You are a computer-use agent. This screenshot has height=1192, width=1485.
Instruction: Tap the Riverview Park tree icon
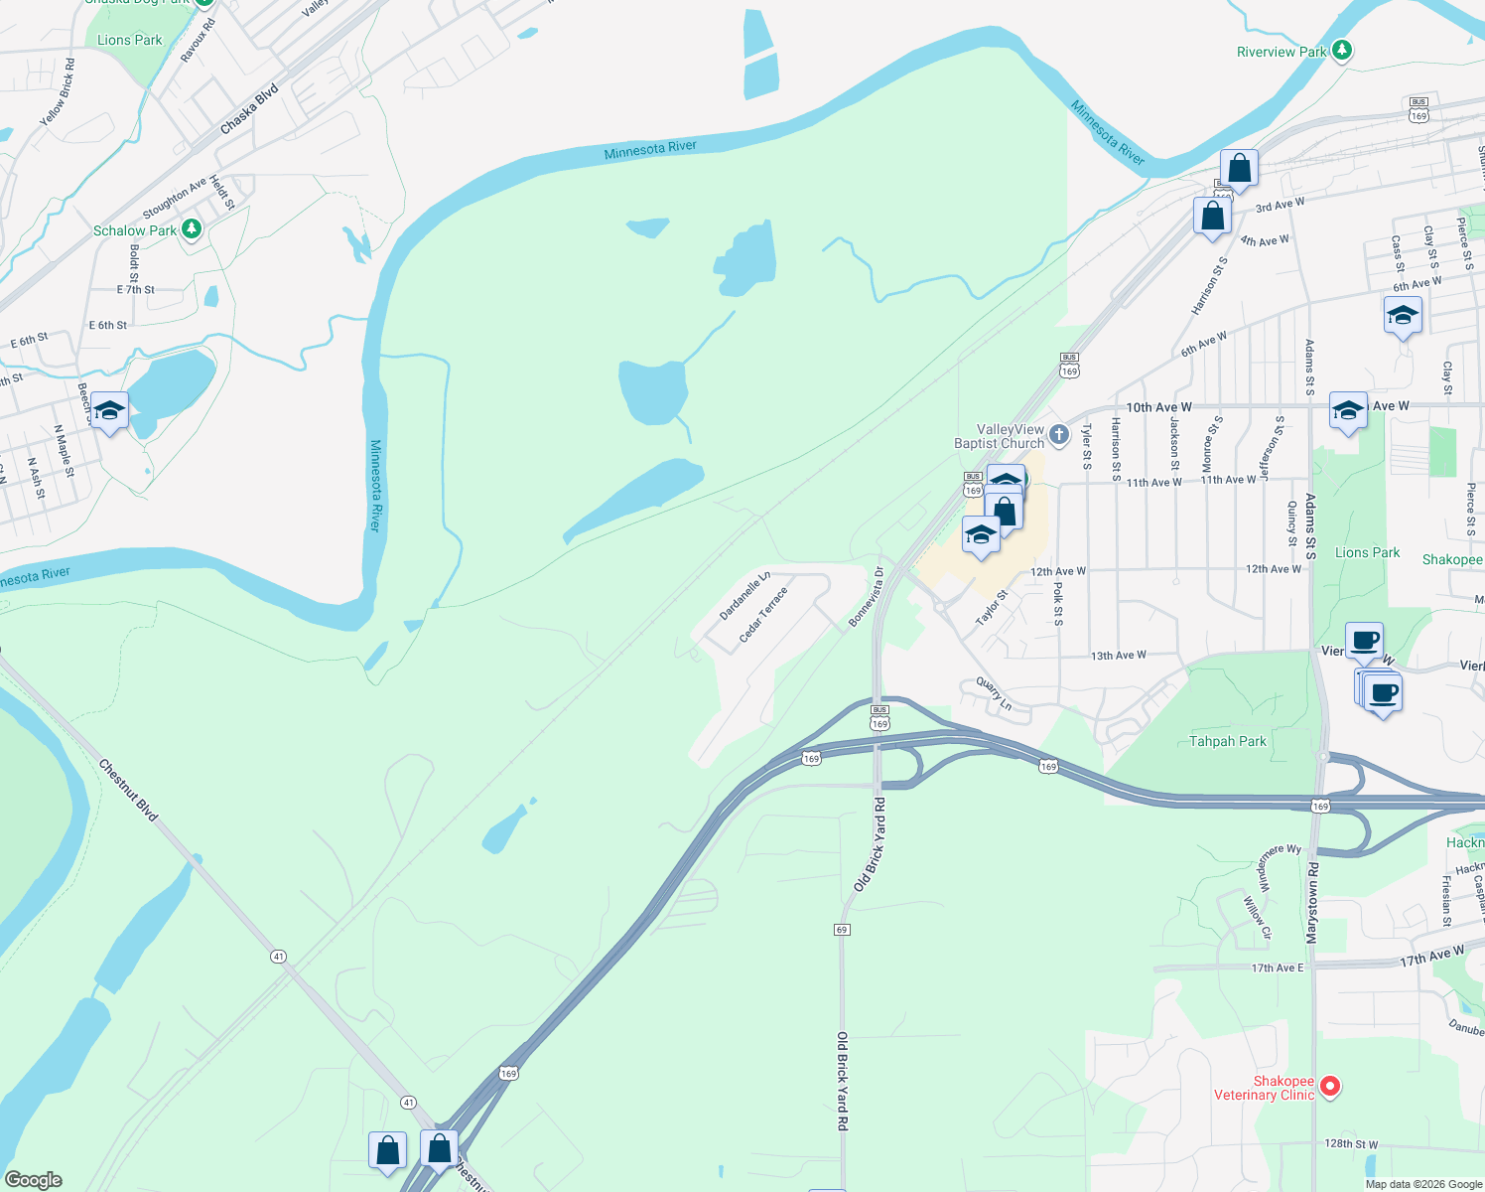pyautogui.click(x=1342, y=50)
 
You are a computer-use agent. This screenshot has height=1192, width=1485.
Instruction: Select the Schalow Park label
pyautogui.click(x=134, y=230)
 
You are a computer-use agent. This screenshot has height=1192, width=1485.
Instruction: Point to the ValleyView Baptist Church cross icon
pyautogui.click(x=1059, y=434)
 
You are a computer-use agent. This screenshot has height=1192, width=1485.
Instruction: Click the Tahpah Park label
pyautogui.click(x=1228, y=741)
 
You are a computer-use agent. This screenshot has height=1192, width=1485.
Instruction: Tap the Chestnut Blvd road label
pyautogui.click(x=128, y=790)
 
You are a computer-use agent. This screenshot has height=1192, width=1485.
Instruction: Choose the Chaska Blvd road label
pyautogui.click(x=249, y=109)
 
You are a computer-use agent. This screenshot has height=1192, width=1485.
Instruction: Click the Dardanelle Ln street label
pyautogui.click(x=744, y=595)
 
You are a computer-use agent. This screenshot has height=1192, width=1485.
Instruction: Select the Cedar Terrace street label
pyautogui.click(x=763, y=614)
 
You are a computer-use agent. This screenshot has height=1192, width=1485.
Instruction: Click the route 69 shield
pyautogui.click(x=842, y=929)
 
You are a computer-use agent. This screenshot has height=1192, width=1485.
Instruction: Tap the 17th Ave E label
pyautogui.click(x=1277, y=968)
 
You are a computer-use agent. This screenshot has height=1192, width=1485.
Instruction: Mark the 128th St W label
pyautogui.click(x=1351, y=1144)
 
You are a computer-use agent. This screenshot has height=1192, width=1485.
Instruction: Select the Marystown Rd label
pyautogui.click(x=1312, y=903)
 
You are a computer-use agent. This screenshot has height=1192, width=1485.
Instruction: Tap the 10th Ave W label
pyautogui.click(x=1158, y=407)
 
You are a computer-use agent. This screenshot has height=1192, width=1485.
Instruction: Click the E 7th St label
pyautogui.click(x=136, y=290)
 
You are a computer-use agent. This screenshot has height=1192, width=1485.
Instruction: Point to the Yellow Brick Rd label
pyautogui.click(x=58, y=92)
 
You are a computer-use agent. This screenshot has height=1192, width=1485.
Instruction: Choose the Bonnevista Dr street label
pyautogui.click(x=866, y=597)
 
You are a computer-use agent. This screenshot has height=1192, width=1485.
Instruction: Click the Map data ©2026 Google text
pyautogui.click(x=1423, y=1183)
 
